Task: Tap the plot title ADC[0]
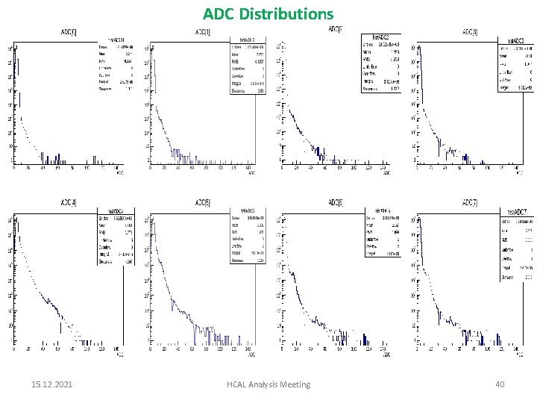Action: [x=69, y=31]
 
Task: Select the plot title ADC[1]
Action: [x=202, y=31]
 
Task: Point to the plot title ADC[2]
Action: [x=336, y=29]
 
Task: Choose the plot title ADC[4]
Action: [x=69, y=202]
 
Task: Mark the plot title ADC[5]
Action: [x=202, y=202]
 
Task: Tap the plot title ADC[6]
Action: [x=336, y=201]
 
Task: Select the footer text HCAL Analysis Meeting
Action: [x=268, y=384]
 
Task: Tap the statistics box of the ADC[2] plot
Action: [x=381, y=63]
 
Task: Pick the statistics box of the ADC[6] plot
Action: [x=381, y=234]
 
